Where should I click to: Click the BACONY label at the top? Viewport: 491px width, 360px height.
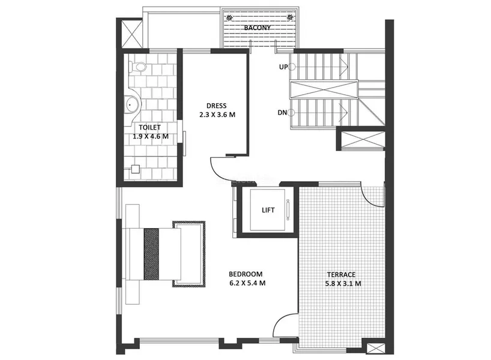tap(257, 28)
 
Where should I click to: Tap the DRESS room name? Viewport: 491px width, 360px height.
tap(217, 106)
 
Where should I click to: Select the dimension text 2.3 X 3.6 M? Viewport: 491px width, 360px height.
tap(217, 114)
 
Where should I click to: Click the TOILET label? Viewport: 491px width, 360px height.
tap(149, 127)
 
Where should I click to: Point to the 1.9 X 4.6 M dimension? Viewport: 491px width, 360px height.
tap(150, 136)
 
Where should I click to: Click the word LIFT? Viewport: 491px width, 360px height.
tap(268, 210)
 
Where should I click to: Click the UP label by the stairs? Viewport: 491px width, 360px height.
tap(283, 67)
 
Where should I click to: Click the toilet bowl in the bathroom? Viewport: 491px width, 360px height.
tap(139, 66)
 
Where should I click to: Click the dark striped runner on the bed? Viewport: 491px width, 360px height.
tap(151, 253)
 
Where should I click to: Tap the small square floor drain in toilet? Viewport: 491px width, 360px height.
tap(136, 169)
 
